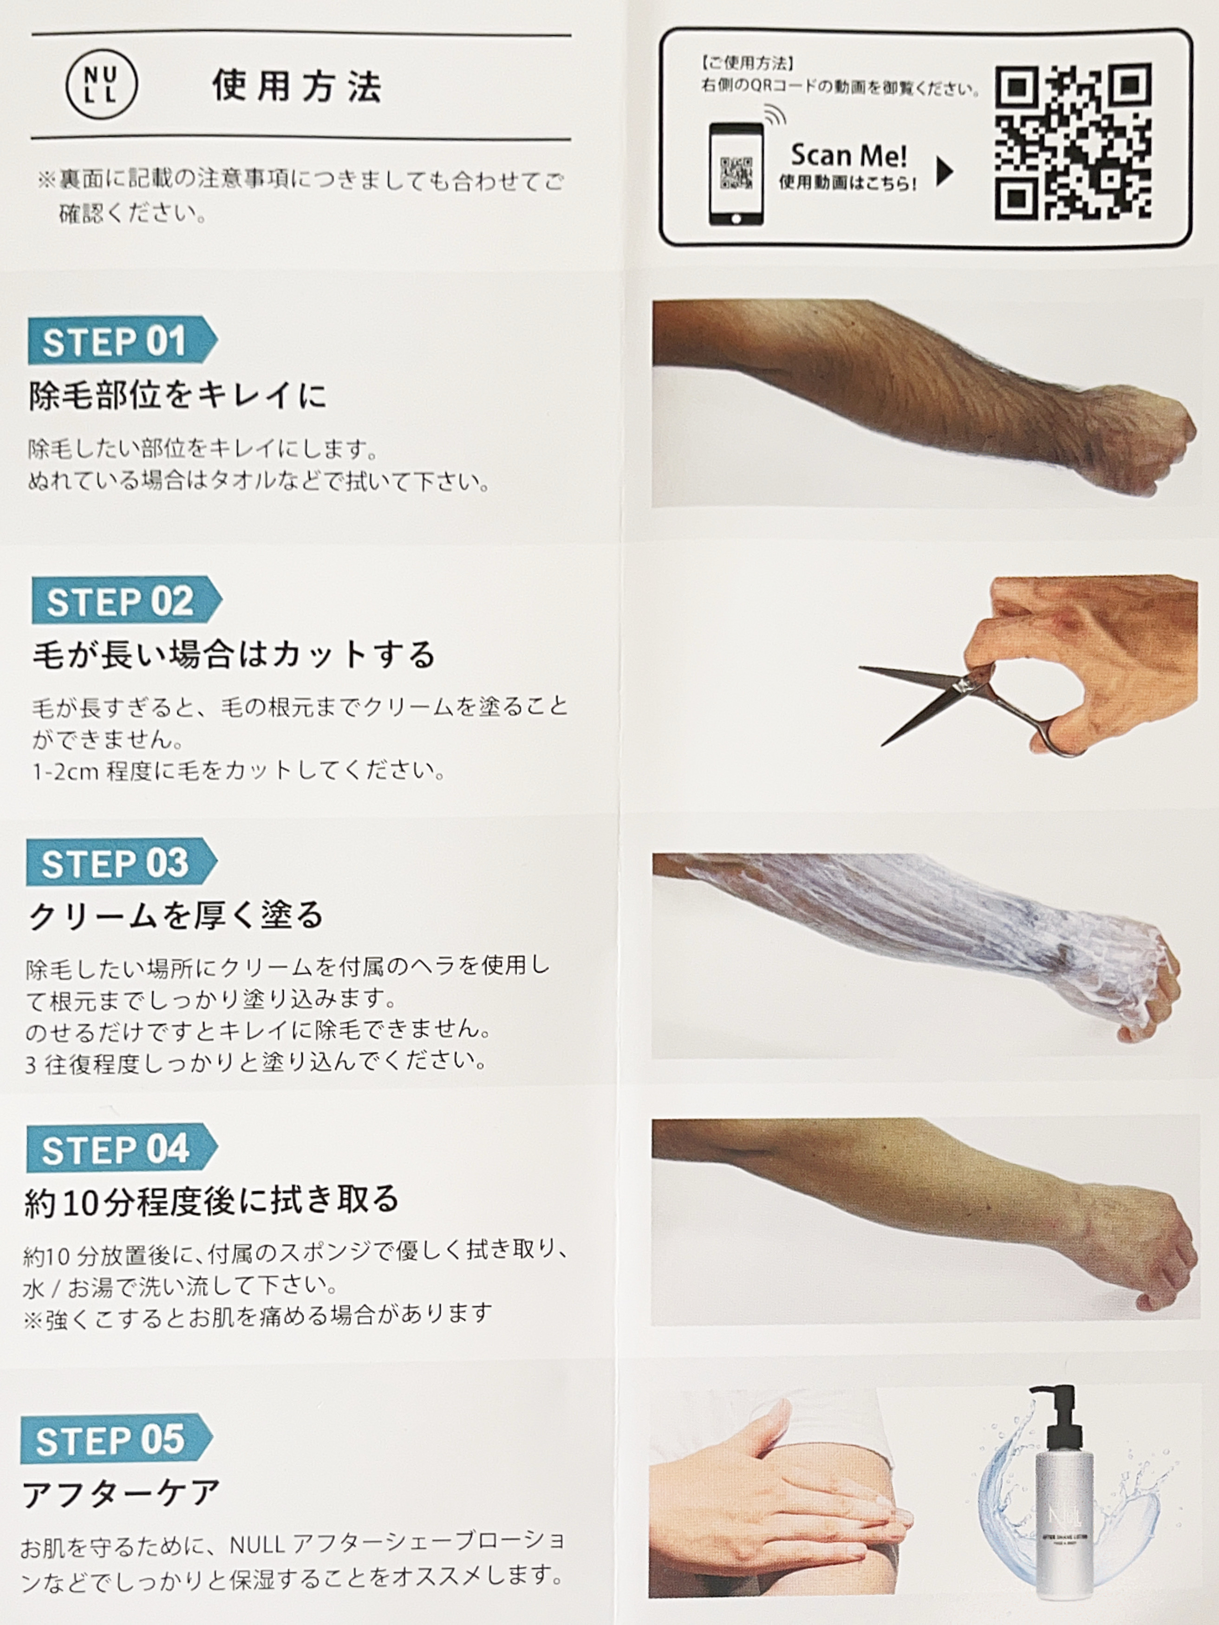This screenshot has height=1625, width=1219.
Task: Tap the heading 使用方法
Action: (x=297, y=86)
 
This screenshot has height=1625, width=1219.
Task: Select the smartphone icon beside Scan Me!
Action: (x=736, y=173)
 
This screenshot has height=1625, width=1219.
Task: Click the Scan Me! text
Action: (x=849, y=155)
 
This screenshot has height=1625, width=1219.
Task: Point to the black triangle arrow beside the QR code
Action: (x=945, y=172)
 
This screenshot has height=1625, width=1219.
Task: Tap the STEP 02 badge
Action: (x=126, y=600)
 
